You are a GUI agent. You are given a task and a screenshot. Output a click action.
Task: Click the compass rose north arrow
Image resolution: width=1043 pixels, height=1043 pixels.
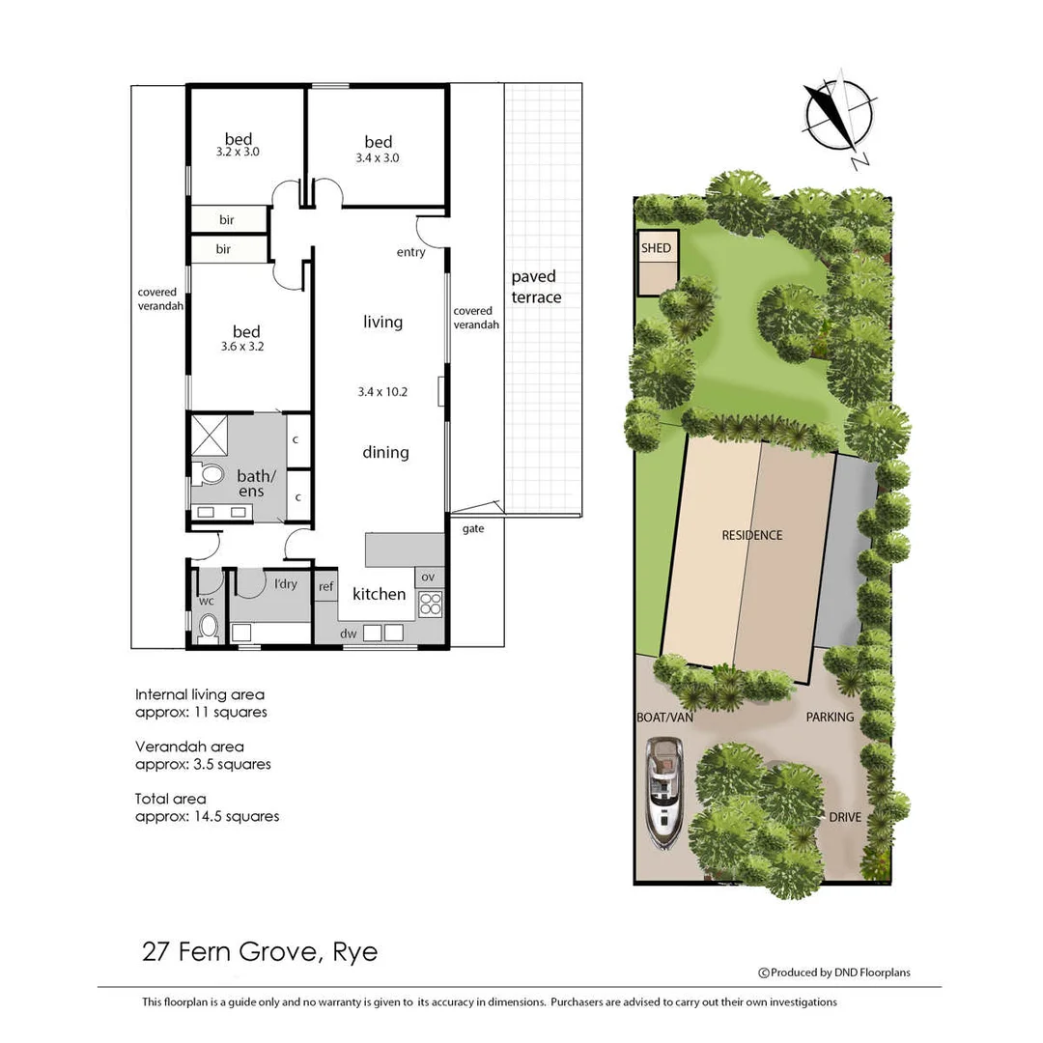point(836,114)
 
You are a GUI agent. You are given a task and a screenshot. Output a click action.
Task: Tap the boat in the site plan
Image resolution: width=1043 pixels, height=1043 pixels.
point(664,792)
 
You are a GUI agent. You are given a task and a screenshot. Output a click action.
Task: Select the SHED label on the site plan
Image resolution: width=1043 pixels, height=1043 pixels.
point(656,248)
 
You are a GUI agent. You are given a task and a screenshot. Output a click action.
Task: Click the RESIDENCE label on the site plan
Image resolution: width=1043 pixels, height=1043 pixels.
point(751,535)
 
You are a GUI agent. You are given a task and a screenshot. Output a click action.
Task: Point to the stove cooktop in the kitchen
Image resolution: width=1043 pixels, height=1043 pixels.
point(430,604)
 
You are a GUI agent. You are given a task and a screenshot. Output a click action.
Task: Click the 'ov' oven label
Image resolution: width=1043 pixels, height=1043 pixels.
point(429,577)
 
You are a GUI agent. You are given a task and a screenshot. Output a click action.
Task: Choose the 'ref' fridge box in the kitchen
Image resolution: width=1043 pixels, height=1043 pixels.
point(326,585)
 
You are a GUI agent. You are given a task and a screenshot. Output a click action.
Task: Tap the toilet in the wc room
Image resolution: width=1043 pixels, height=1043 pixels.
point(208,628)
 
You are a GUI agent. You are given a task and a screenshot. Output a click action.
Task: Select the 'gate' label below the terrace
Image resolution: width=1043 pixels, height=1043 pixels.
point(473,528)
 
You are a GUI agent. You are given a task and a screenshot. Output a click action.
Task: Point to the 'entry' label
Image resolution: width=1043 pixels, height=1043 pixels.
point(410,252)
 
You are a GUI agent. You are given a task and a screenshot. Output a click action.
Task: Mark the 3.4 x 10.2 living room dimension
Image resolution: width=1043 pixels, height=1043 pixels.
point(382,391)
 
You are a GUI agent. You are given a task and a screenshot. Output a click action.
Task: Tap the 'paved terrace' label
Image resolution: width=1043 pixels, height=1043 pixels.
point(535,287)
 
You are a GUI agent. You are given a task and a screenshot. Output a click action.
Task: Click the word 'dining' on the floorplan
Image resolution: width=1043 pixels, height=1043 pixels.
point(385,452)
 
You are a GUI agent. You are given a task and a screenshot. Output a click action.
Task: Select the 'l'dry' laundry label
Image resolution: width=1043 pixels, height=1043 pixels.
point(286,583)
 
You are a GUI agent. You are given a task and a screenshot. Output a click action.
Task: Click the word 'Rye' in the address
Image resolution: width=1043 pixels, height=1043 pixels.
point(354,953)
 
